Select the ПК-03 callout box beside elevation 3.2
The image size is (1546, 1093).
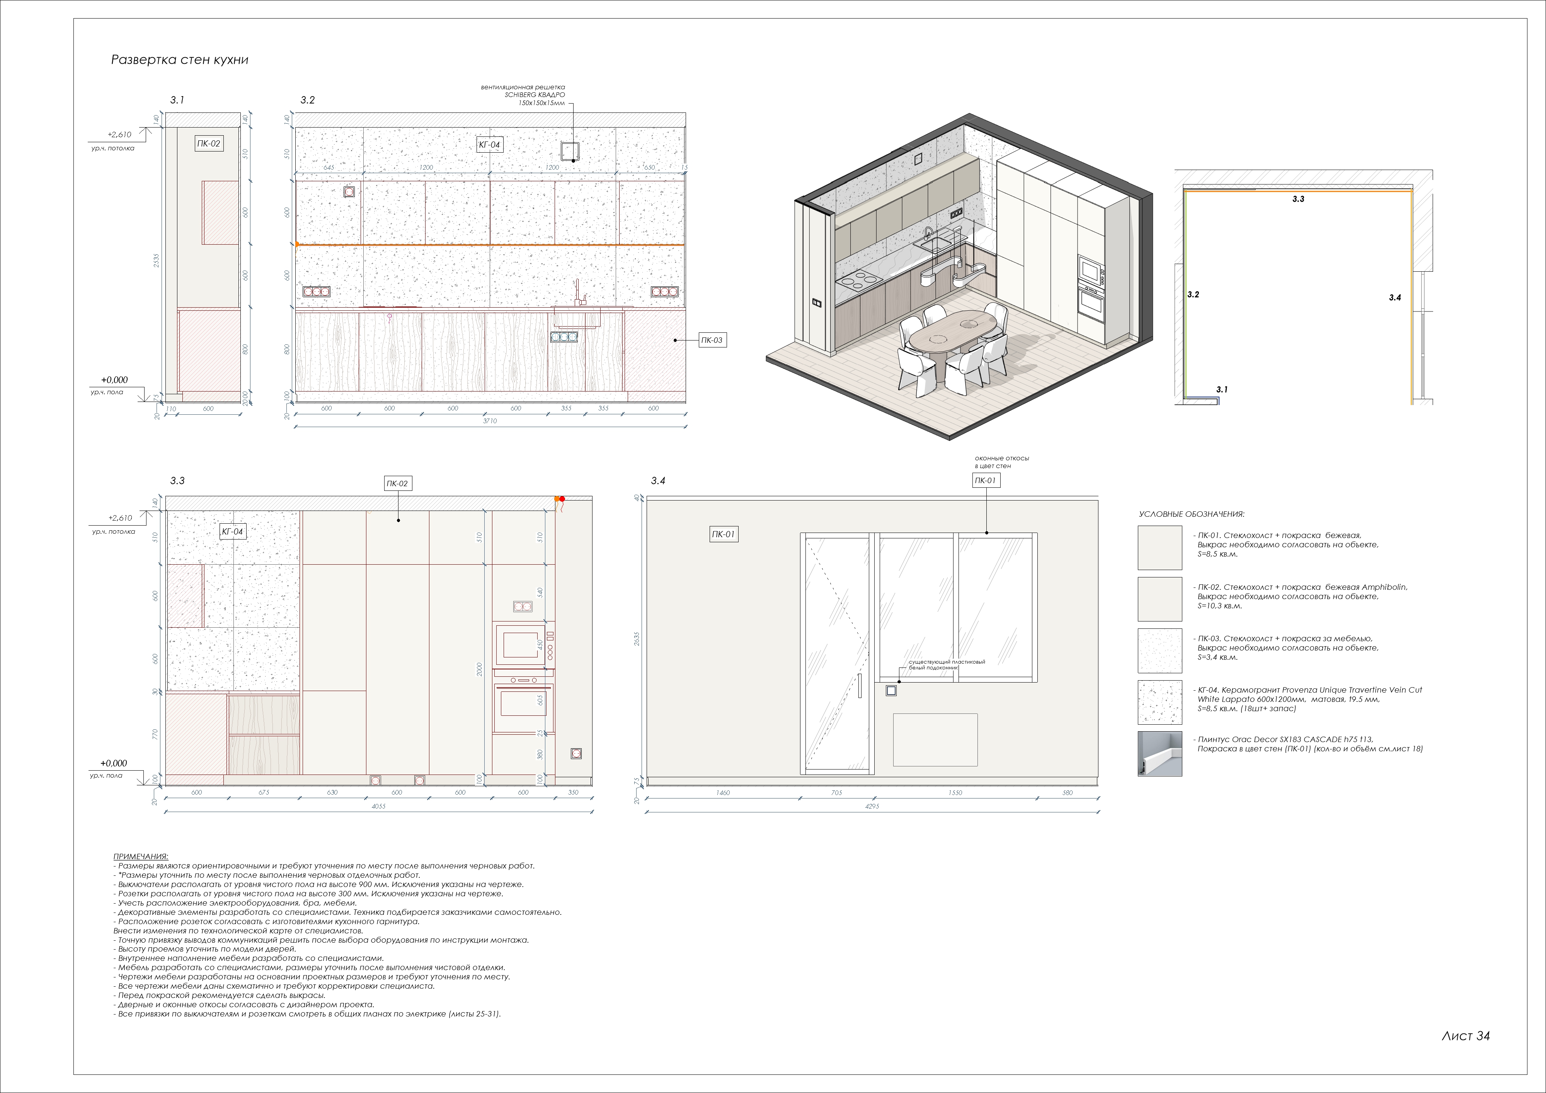tap(711, 340)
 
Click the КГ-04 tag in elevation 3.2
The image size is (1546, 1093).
tap(490, 145)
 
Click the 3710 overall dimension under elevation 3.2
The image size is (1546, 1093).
tap(490, 421)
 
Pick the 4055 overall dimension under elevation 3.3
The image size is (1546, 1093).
tap(378, 806)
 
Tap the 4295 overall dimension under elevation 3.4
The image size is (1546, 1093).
tap(872, 806)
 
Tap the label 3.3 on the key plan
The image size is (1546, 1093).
tap(1298, 199)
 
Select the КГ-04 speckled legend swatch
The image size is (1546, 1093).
tap(1159, 702)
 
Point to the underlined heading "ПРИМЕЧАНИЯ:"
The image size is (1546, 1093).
tap(141, 856)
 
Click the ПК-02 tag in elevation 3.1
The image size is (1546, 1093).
tap(208, 143)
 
